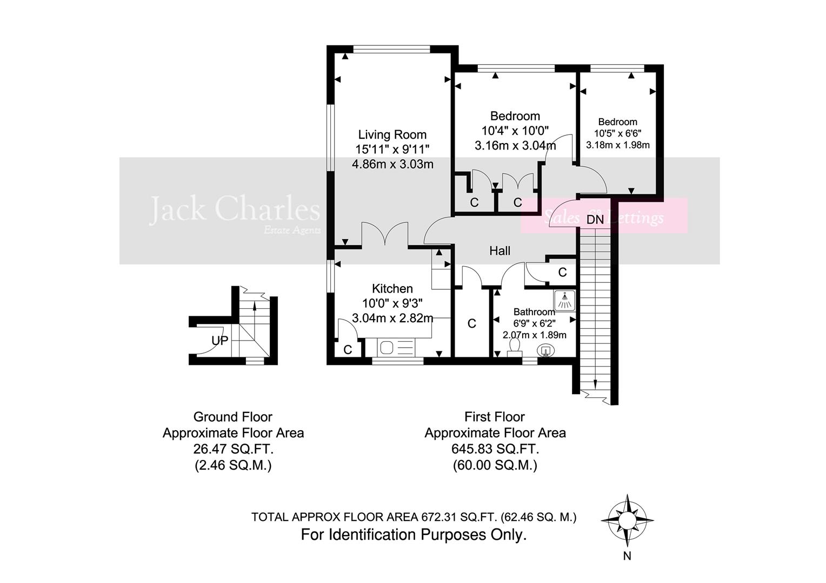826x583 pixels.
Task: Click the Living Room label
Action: (392, 134)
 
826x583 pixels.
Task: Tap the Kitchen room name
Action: (392, 289)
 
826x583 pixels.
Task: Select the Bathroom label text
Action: (534, 312)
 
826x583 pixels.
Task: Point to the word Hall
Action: (499, 250)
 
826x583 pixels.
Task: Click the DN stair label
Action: (595, 220)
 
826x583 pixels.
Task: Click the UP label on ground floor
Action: (220, 341)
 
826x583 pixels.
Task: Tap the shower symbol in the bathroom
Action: (564, 300)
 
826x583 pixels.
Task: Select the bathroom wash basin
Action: (546, 351)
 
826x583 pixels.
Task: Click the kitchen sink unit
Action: (397, 346)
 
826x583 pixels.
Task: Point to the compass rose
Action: (627, 520)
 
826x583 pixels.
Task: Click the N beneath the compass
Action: (627, 557)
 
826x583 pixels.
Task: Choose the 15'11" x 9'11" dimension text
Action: (392, 150)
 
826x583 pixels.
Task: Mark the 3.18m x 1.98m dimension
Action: (618, 145)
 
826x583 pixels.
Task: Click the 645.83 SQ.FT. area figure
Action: (495, 449)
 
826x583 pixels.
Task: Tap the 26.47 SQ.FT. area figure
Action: (233, 449)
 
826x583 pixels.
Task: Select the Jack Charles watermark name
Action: (235, 209)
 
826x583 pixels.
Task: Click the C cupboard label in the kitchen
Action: (348, 350)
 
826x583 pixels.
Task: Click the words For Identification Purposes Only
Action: (414, 535)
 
